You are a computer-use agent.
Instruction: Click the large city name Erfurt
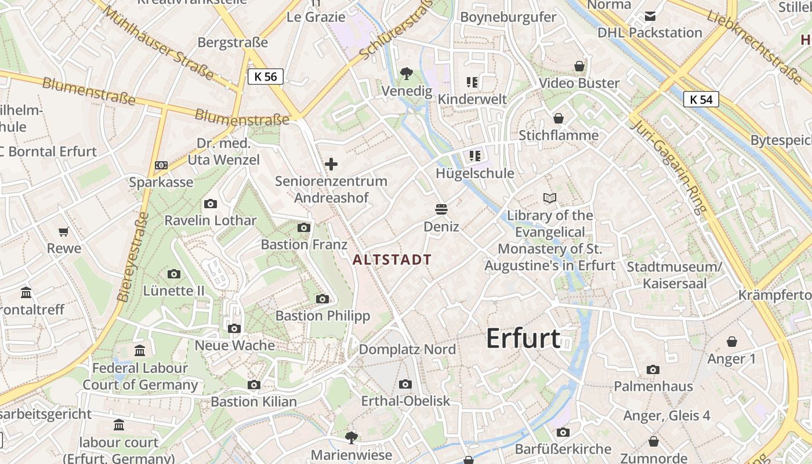pyautogui.click(x=523, y=338)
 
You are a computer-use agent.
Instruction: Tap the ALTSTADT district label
pyautogui.click(x=392, y=260)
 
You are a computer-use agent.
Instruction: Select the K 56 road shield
pyautogui.click(x=266, y=77)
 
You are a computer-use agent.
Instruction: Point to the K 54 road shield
pyautogui.click(x=701, y=100)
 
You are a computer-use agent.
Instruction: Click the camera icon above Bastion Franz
pyautogui.click(x=303, y=227)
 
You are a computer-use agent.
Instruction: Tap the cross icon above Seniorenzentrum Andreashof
pyautogui.click(x=331, y=164)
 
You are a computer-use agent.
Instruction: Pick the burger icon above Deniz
pyautogui.click(x=441, y=209)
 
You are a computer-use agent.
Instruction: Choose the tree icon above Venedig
pyautogui.click(x=407, y=74)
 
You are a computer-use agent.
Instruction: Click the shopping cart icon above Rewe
pyautogui.click(x=64, y=231)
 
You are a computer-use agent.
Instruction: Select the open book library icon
pyautogui.click(x=550, y=198)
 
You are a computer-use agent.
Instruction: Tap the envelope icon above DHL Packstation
pyautogui.click(x=650, y=16)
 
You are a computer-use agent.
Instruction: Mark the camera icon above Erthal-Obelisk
pyautogui.click(x=405, y=384)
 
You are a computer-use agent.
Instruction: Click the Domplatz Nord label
pyautogui.click(x=407, y=349)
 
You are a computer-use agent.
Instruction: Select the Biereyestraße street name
pyautogui.click(x=133, y=257)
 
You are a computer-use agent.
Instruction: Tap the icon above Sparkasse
pyautogui.click(x=161, y=165)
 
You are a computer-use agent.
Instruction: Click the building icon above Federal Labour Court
pyautogui.click(x=140, y=351)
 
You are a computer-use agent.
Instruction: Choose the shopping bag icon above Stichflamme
pyautogui.click(x=559, y=118)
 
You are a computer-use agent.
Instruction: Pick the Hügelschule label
pyautogui.click(x=475, y=173)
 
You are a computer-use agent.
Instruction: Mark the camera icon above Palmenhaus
pyautogui.click(x=653, y=369)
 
